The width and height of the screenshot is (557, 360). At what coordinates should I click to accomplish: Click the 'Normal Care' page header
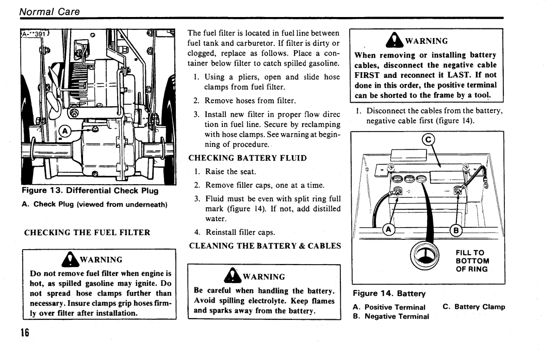tap(50, 12)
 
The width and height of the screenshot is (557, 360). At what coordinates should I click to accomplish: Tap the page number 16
tap(25, 333)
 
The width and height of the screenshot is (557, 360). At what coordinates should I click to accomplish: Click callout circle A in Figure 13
tap(64, 132)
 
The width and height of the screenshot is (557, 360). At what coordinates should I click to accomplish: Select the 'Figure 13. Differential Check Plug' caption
tap(90, 190)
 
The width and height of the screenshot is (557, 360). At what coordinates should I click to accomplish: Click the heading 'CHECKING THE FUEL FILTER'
tap(87, 233)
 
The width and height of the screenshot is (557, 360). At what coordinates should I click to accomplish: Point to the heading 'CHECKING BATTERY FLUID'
tap(248, 158)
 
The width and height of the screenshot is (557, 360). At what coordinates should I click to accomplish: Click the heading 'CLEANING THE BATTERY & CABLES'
tap(265, 246)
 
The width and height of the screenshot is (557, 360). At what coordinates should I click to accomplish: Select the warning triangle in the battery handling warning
tap(233, 275)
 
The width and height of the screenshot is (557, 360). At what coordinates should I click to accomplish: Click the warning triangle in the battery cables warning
tap(395, 40)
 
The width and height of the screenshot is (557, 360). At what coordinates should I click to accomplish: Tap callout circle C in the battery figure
tap(428, 140)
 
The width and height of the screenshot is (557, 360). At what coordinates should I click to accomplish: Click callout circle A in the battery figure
tap(389, 230)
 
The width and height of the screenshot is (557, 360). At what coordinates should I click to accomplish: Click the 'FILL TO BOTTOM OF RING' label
tap(472, 261)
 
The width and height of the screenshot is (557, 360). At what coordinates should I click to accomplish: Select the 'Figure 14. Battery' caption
tap(389, 293)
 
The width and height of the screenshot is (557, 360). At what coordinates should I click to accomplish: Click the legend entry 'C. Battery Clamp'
tap(474, 307)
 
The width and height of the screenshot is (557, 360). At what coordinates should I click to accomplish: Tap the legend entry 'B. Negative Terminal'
tap(391, 316)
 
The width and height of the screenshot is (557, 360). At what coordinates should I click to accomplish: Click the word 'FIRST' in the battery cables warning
tap(367, 75)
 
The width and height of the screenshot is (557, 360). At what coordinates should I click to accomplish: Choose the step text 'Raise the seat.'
tap(231, 172)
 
